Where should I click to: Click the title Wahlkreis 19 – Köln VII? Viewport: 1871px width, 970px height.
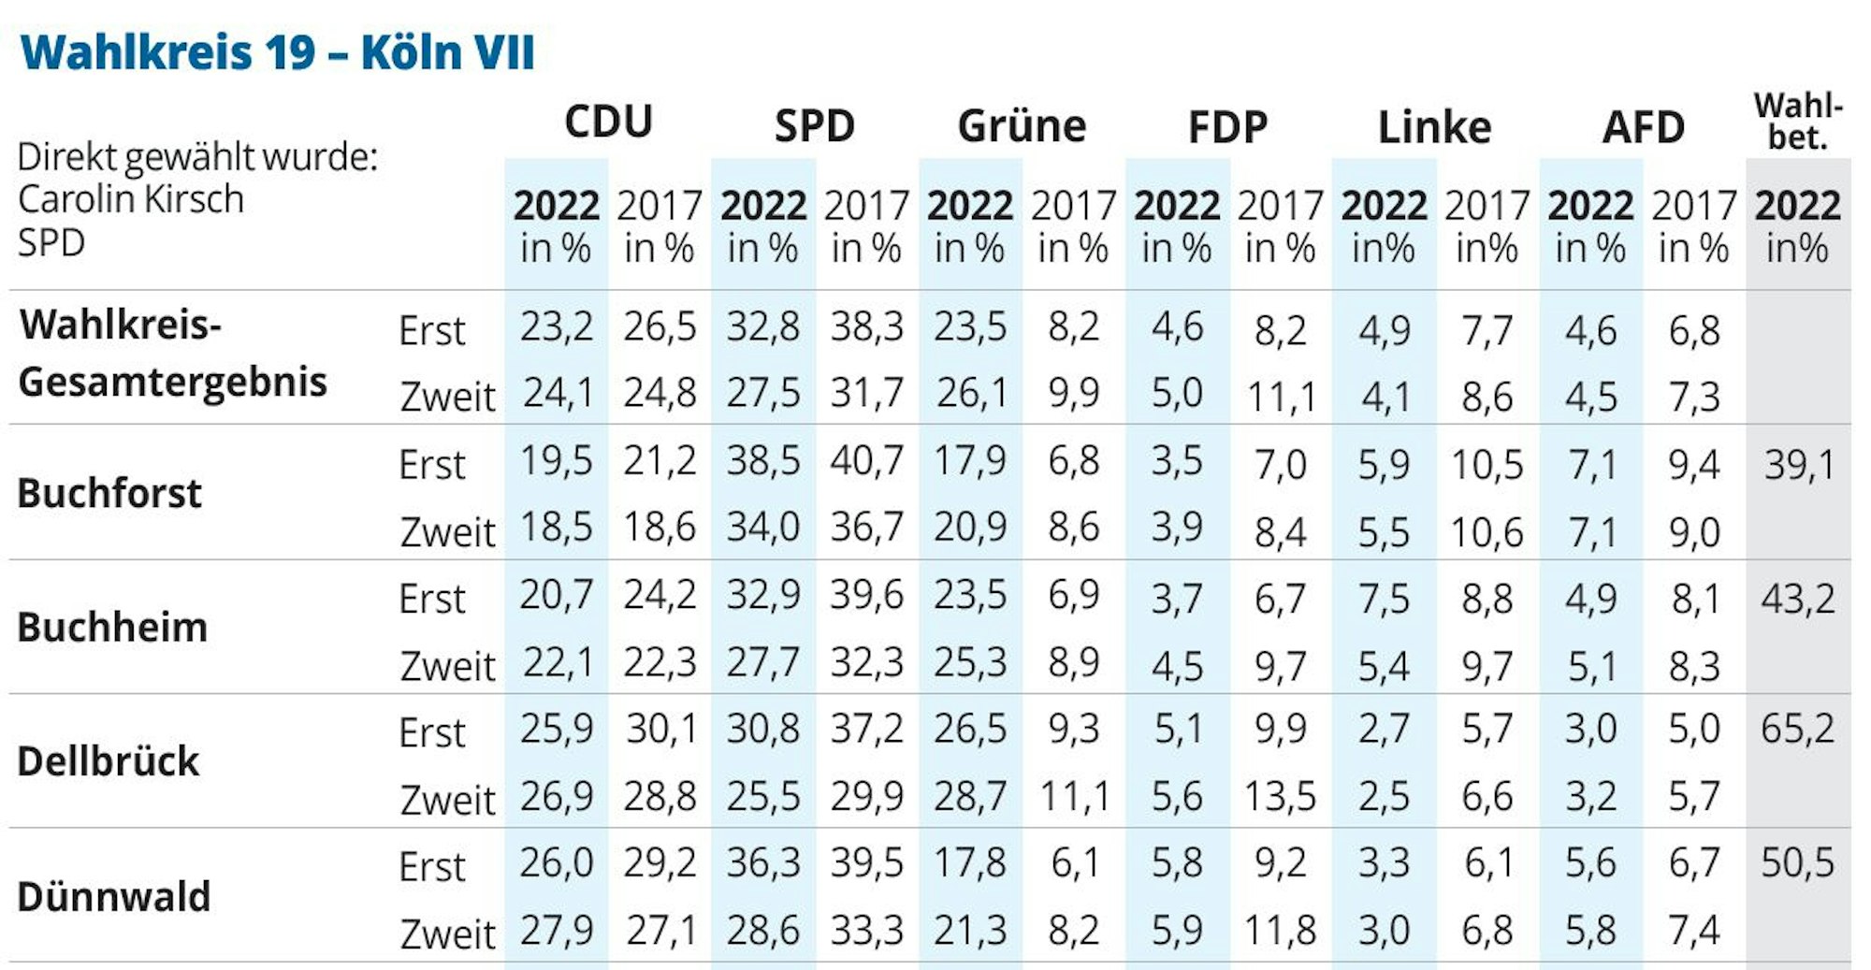(277, 51)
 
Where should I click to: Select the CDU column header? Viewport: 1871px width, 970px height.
(608, 123)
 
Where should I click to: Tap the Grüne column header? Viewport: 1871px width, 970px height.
(1022, 126)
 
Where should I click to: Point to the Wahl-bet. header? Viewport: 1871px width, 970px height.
(1798, 122)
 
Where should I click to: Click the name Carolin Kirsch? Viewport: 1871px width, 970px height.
(131, 199)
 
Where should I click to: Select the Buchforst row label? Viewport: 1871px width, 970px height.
(109, 493)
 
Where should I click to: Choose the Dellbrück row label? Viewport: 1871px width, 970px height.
(109, 761)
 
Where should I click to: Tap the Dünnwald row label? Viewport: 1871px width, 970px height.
(113, 896)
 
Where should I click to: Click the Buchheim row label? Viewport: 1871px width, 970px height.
(112, 627)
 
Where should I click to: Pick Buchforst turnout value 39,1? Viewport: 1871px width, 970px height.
(1798, 464)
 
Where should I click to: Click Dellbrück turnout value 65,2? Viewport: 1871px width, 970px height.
(1797, 728)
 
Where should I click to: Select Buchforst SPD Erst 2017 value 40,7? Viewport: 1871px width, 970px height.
(866, 460)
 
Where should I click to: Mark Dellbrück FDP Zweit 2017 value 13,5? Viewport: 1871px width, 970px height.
(1280, 796)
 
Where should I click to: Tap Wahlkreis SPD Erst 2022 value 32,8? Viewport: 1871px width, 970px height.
(762, 326)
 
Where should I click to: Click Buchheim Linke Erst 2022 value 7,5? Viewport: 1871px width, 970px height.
(1383, 598)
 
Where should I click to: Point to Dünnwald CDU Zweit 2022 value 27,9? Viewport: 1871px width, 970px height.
(556, 931)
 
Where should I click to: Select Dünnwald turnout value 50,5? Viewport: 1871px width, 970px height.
(1797, 862)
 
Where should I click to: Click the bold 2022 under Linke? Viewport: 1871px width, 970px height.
(1384, 206)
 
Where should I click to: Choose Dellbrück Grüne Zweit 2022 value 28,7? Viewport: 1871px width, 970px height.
(970, 796)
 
